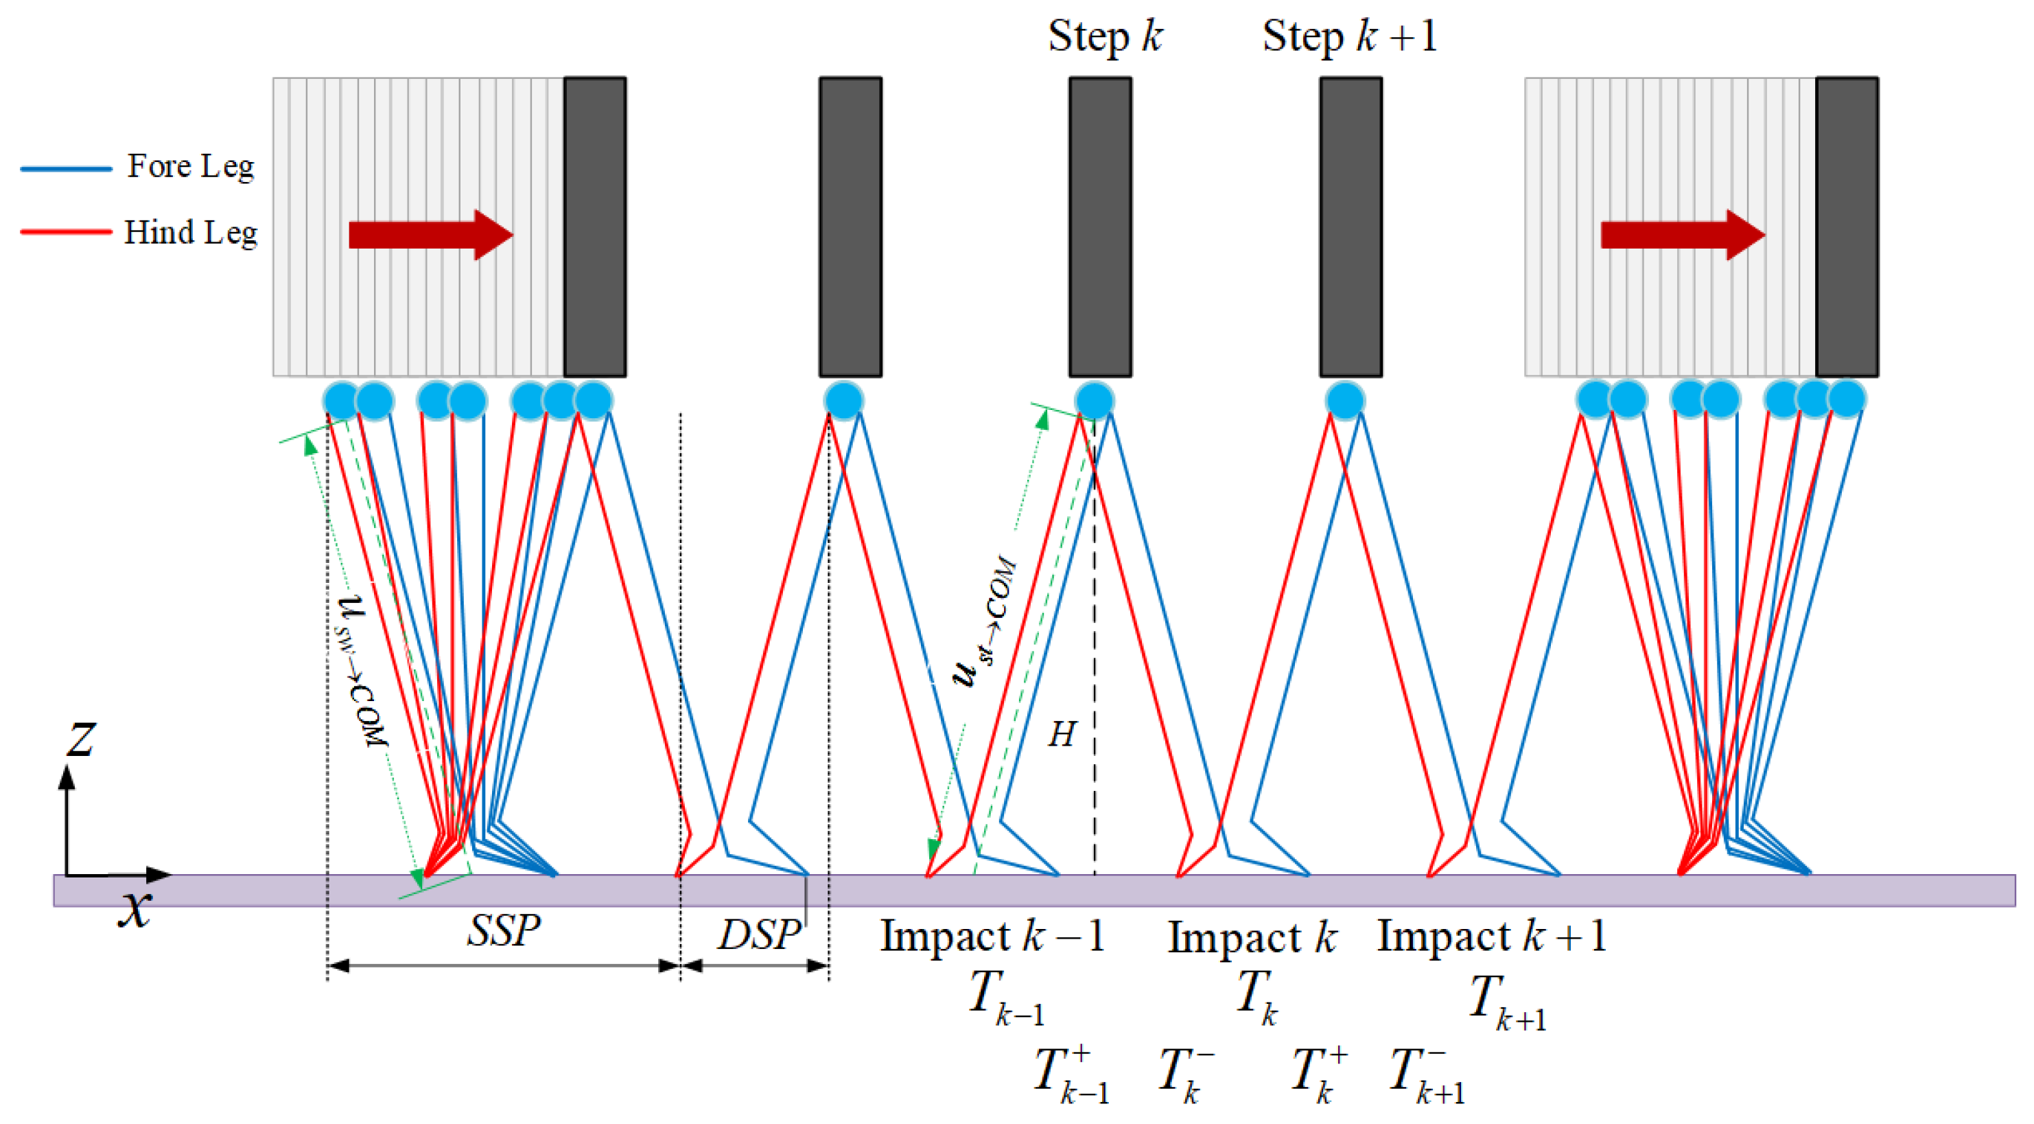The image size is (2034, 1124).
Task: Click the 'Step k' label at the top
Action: [1105, 37]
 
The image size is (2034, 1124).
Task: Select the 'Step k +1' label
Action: [1348, 37]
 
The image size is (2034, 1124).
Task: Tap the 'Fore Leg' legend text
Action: [191, 167]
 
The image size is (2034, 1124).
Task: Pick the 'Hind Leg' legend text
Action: [191, 233]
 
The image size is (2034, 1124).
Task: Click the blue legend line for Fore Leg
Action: [67, 168]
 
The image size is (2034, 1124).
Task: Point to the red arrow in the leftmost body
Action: [430, 235]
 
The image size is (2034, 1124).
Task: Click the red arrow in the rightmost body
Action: [1683, 235]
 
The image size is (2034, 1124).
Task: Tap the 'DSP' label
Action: [759, 934]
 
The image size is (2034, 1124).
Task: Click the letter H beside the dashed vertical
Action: [1062, 735]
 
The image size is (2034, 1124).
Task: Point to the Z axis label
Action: [80, 741]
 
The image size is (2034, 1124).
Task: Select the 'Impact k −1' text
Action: [992, 937]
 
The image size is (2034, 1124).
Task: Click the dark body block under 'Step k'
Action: [1100, 227]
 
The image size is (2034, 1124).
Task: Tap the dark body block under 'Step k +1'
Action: [1351, 227]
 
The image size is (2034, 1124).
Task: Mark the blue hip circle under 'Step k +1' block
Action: [1345, 400]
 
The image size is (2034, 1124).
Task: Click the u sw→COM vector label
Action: [364, 672]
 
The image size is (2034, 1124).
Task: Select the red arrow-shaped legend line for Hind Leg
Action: [67, 232]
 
